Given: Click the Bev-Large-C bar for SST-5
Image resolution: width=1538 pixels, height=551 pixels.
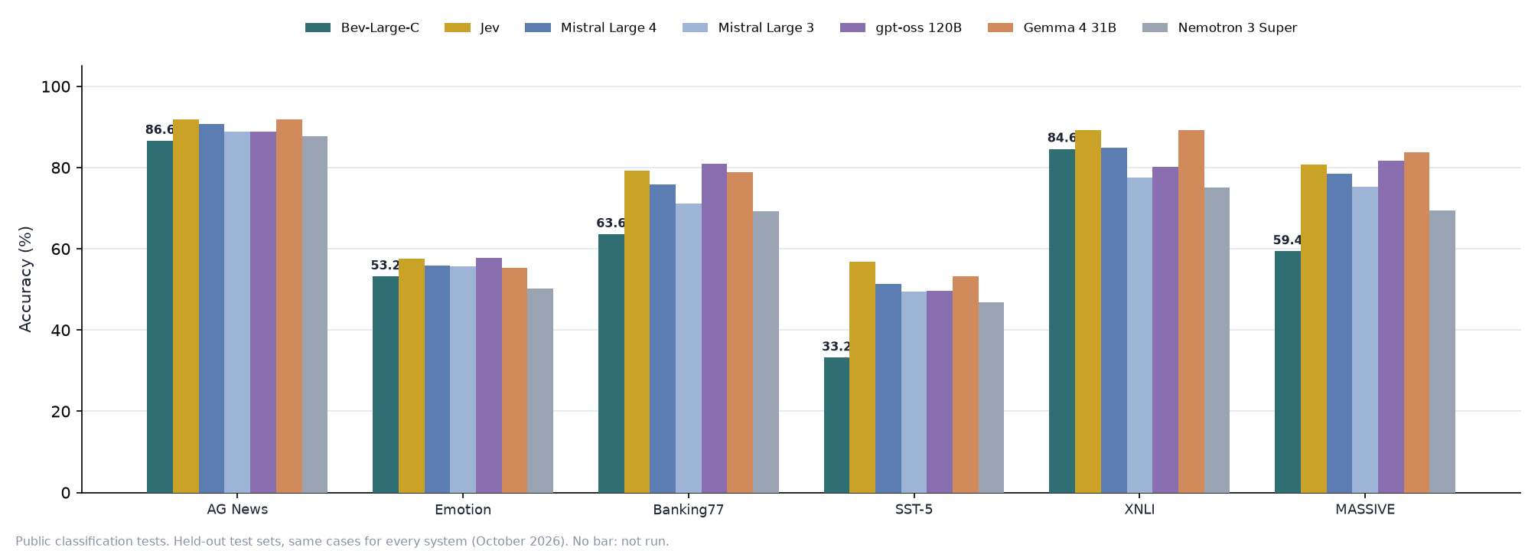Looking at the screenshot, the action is (x=836, y=425).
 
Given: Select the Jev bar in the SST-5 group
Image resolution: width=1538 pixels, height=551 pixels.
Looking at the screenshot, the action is (x=862, y=377).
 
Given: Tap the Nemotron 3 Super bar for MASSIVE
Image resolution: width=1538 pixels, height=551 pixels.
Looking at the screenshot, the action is (x=1442, y=351).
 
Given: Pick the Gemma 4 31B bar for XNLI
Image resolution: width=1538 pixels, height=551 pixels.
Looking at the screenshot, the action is (x=1191, y=311).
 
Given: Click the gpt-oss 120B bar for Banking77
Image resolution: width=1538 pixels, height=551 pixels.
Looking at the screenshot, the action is (x=714, y=328).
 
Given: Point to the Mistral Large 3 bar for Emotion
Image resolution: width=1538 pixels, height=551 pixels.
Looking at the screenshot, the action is (x=463, y=380).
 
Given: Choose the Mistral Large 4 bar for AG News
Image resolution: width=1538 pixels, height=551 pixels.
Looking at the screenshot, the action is (x=211, y=308).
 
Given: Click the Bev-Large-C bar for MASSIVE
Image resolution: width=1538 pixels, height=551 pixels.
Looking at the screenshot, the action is (x=1288, y=372).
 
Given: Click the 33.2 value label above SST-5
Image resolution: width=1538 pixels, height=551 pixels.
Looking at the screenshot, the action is (x=836, y=347).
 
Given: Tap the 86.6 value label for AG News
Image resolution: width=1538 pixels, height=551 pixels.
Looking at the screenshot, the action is (x=160, y=130).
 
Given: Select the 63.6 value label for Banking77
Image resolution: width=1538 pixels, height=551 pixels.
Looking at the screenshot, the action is (x=611, y=223).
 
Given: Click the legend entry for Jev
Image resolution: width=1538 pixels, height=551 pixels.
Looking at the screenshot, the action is (x=471, y=28).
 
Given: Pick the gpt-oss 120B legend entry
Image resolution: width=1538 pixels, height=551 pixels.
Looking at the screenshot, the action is (x=901, y=28).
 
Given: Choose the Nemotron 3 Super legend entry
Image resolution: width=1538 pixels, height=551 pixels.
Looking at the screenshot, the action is (x=1220, y=28).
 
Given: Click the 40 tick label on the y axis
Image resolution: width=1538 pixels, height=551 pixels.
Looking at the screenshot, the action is (x=61, y=331).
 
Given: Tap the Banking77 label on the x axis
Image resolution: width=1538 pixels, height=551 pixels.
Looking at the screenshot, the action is (x=689, y=510).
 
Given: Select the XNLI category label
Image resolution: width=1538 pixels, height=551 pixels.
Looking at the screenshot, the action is (x=1139, y=510).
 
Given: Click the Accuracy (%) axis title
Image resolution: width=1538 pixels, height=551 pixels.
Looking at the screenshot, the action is (x=26, y=279).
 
